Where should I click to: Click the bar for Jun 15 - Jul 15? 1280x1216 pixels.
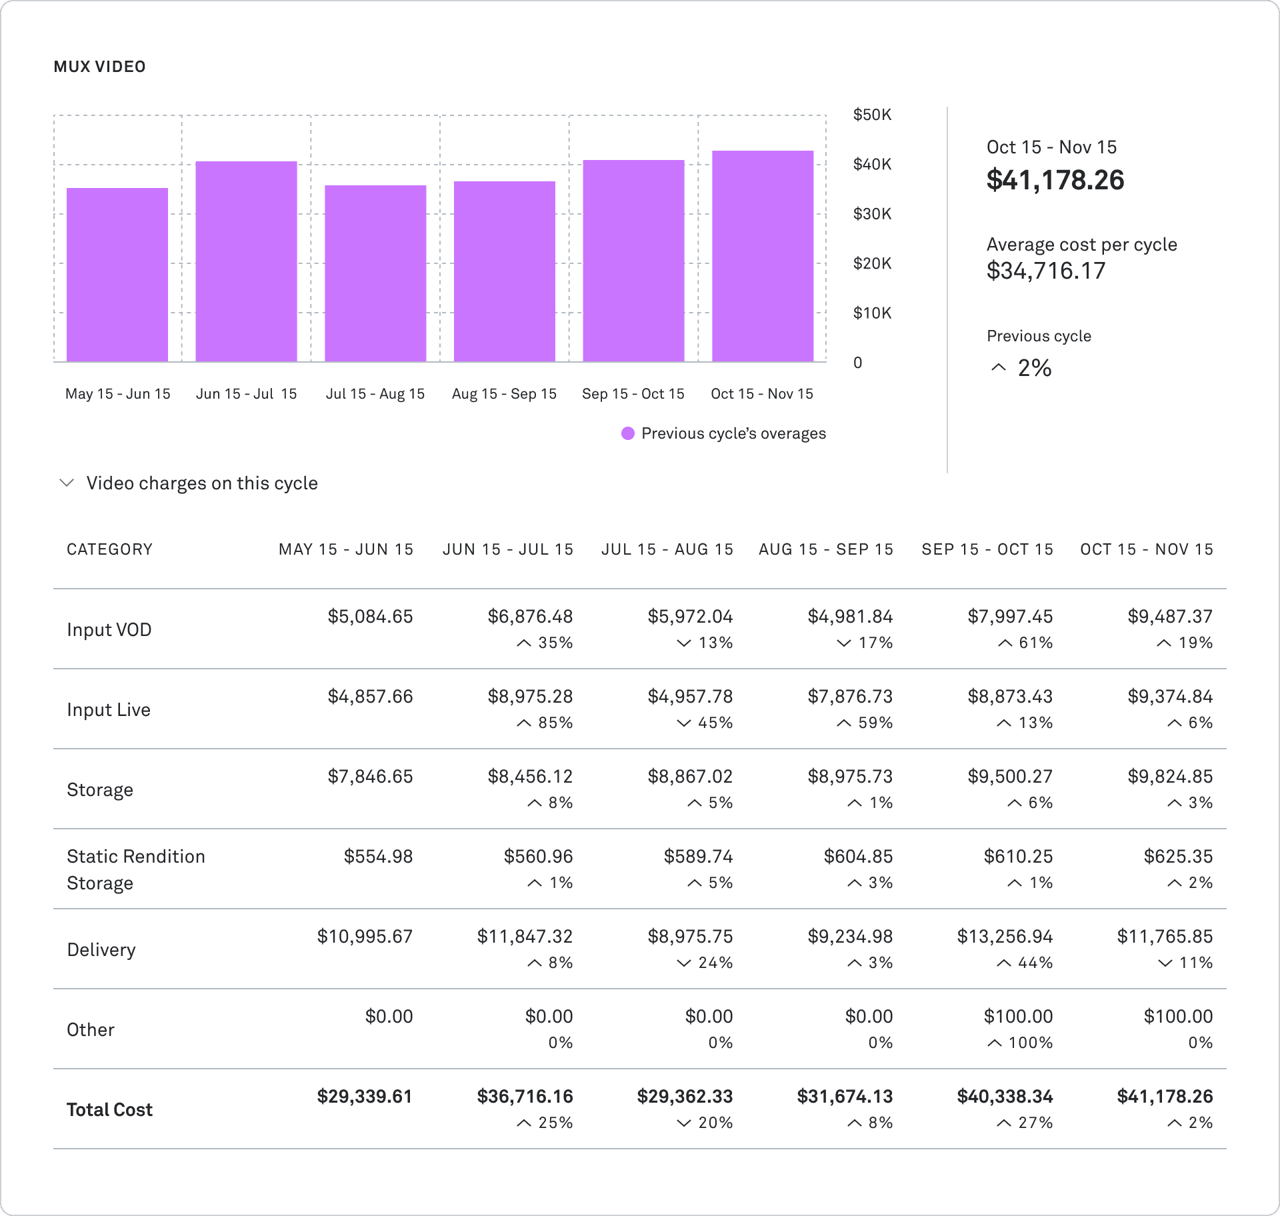point(246,261)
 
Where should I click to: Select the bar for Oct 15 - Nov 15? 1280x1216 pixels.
point(763,256)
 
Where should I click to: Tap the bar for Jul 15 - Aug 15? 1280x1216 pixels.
point(375,273)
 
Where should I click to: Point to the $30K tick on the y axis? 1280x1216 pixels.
point(871,214)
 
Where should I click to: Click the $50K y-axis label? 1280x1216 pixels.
point(871,115)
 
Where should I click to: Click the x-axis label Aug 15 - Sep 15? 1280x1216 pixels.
point(504,394)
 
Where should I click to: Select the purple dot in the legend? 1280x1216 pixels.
point(627,433)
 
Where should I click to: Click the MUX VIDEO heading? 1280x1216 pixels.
point(99,67)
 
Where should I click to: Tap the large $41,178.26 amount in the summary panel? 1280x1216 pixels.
point(1055,180)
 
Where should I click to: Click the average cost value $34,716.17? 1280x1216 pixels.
point(1045,271)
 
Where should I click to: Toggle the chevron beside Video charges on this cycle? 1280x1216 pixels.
point(67,483)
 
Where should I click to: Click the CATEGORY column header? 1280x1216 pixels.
point(109,549)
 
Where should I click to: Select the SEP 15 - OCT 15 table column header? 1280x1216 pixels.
point(987,549)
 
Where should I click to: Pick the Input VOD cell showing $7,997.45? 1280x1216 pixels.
point(1009,617)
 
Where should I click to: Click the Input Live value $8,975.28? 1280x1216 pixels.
point(529,697)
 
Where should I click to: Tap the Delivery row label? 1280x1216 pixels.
point(101,949)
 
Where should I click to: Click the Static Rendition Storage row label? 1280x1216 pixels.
point(135,869)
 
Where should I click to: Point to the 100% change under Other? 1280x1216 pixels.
point(1020,1043)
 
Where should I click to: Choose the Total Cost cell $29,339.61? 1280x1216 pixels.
point(364,1097)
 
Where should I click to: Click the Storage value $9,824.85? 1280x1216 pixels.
point(1169,777)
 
